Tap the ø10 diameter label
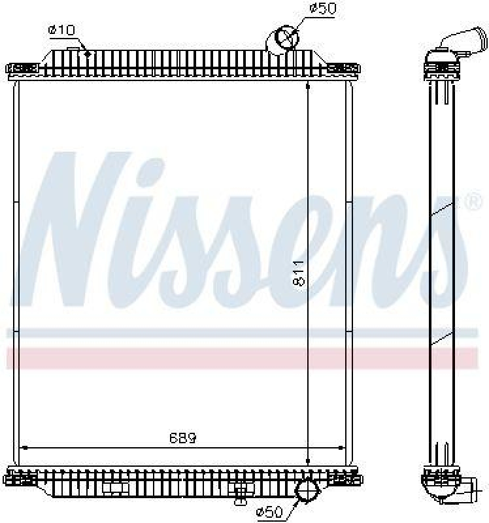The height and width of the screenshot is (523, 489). [x=61, y=29]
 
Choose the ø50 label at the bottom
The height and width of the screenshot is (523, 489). [x=269, y=511]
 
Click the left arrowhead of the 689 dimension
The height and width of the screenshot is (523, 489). [x=25, y=448]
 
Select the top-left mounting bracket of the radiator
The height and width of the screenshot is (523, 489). [x=23, y=68]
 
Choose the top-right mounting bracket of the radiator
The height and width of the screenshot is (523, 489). [x=341, y=68]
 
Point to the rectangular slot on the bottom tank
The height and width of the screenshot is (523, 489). [x=114, y=487]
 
